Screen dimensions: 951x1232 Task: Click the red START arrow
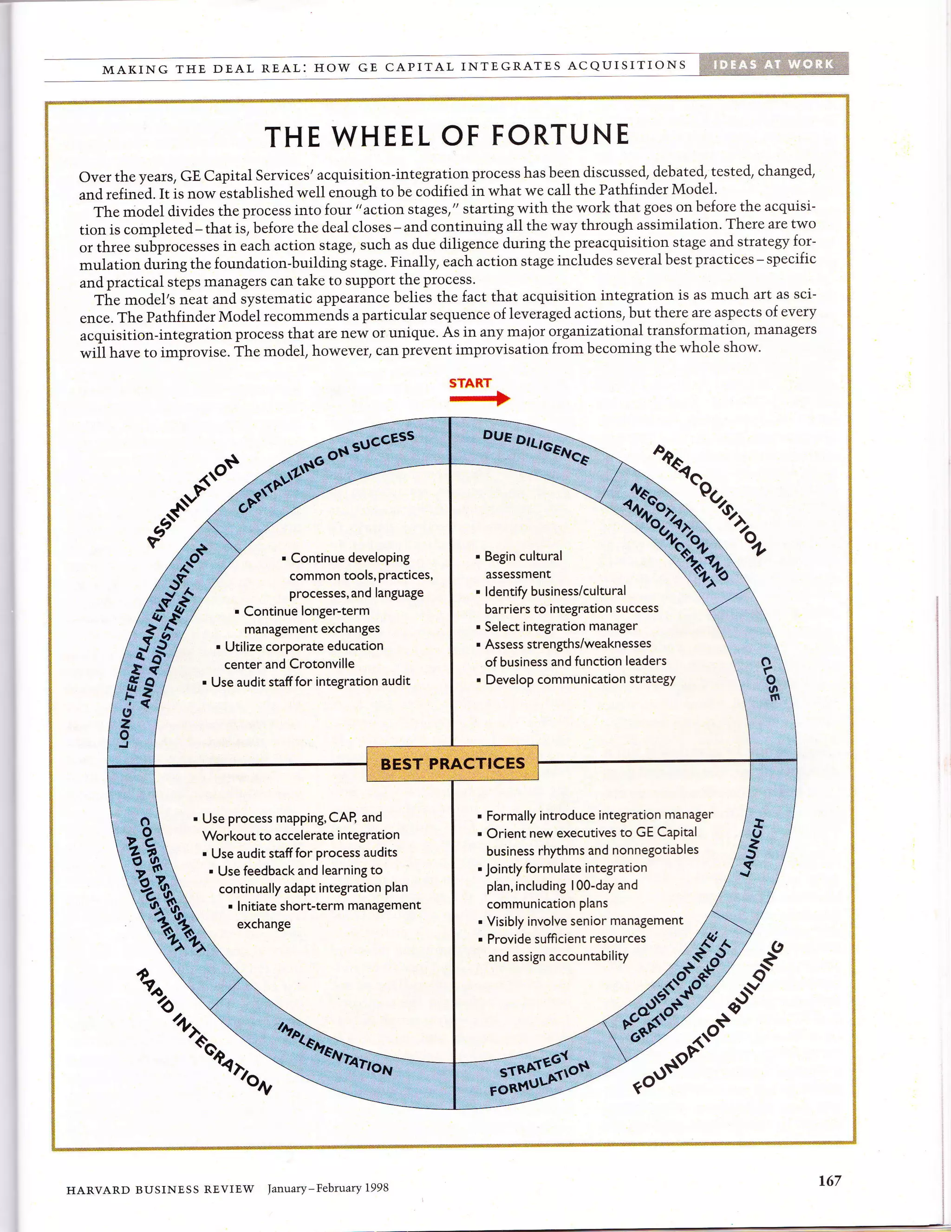tap(479, 399)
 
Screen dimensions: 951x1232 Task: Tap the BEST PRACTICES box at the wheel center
tap(453, 763)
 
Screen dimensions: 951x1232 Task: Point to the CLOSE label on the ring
tap(770, 679)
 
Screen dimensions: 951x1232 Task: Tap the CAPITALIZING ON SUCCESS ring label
tap(326, 472)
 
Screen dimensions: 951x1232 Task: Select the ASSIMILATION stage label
tap(192, 501)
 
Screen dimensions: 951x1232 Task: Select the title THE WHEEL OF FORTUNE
tap(447, 136)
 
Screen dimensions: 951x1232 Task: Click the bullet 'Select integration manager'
tap(560, 626)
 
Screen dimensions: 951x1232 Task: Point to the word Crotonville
tap(322, 663)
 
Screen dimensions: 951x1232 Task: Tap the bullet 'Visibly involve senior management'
tap(584, 921)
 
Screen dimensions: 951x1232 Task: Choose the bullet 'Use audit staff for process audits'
tap(304, 852)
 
